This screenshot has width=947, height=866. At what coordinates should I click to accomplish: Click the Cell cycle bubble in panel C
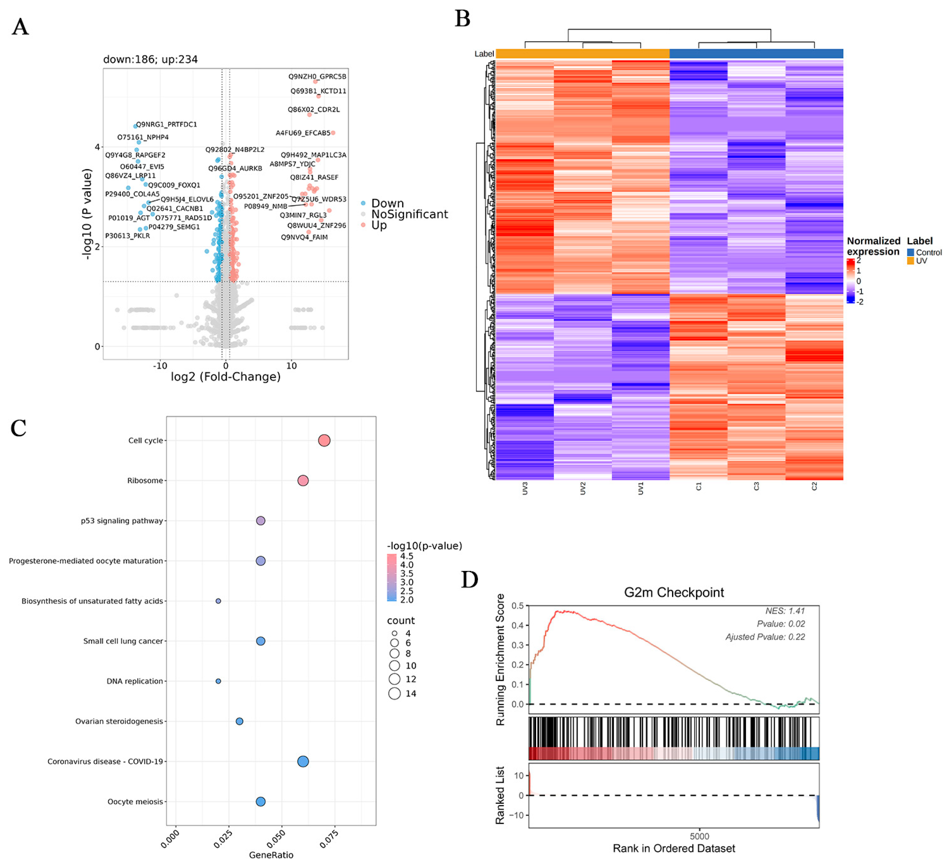tap(324, 440)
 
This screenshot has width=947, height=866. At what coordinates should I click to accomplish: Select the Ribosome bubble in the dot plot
tap(303, 480)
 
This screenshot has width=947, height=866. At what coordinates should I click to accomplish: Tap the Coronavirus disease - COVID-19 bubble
tap(303, 761)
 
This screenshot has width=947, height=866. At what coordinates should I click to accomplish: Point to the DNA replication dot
tap(218, 681)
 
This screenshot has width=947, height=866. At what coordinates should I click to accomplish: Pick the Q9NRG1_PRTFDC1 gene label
tap(166, 125)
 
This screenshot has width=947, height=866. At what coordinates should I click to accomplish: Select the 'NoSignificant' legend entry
tap(409, 214)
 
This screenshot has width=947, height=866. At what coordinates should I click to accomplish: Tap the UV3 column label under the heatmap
tap(525, 489)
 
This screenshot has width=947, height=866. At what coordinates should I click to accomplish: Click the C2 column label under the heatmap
tap(814, 487)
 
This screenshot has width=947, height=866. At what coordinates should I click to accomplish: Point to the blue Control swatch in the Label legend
tap(910, 253)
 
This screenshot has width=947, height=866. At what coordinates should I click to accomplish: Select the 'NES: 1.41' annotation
tap(784, 611)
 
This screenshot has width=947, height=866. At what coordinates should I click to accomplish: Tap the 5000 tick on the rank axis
tap(699, 836)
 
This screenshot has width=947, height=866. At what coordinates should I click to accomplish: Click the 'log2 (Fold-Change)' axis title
tap(226, 377)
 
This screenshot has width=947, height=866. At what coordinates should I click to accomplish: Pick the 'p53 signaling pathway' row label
tap(122, 521)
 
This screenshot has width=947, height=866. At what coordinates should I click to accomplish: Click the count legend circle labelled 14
tap(395, 694)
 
